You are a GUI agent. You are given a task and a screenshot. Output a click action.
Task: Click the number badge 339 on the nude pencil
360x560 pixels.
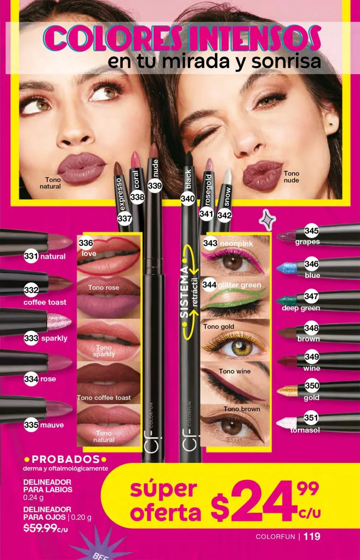tap(155, 186)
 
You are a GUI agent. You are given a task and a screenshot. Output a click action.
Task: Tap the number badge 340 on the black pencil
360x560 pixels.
tap(188, 199)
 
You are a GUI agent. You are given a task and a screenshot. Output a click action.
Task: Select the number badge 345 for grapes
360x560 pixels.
tap(311, 231)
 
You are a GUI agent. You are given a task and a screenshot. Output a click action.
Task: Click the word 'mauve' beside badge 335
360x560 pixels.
tap(52, 425)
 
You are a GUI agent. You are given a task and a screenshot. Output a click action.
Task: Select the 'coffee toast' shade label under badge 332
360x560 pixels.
tap(45, 302)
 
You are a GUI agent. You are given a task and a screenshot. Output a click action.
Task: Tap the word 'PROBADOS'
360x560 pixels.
tap(65, 459)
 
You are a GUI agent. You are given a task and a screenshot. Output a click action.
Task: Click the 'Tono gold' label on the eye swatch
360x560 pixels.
tap(219, 327)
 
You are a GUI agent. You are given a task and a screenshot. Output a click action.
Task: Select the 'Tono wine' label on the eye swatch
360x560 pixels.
tap(235, 371)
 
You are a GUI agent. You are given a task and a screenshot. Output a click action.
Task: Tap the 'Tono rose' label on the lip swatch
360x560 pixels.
tap(103, 287)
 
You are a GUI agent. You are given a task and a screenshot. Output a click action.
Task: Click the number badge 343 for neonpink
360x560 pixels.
tap(210, 243)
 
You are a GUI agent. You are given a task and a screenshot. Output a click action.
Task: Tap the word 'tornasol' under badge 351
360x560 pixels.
tap(305, 430)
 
